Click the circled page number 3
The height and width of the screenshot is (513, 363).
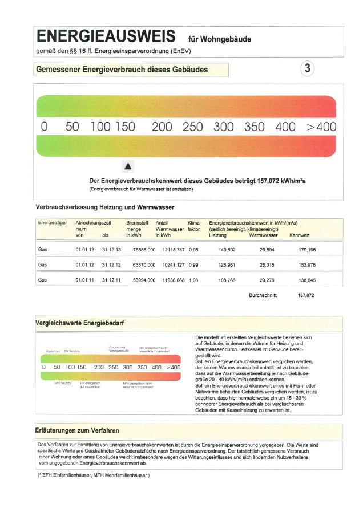click(x=307, y=69)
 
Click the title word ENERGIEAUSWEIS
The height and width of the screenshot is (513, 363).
click(x=106, y=37)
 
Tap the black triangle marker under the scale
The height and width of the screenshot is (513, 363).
click(x=128, y=166)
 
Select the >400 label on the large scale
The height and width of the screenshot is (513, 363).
click(x=322, y=127)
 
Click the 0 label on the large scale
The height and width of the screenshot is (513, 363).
click(x=43, y=127)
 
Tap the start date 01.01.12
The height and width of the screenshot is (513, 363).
click(x=84, y=264)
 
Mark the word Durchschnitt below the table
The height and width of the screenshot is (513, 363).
click(x=263, y=295)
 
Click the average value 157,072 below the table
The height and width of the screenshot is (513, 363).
click(x=306, y=295)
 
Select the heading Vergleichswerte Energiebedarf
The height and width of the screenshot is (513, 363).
click(x=80, y=323)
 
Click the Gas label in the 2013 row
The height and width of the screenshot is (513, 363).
click(x=42, y=249)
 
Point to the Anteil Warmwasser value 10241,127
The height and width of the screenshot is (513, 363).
click(x=170, y=264)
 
